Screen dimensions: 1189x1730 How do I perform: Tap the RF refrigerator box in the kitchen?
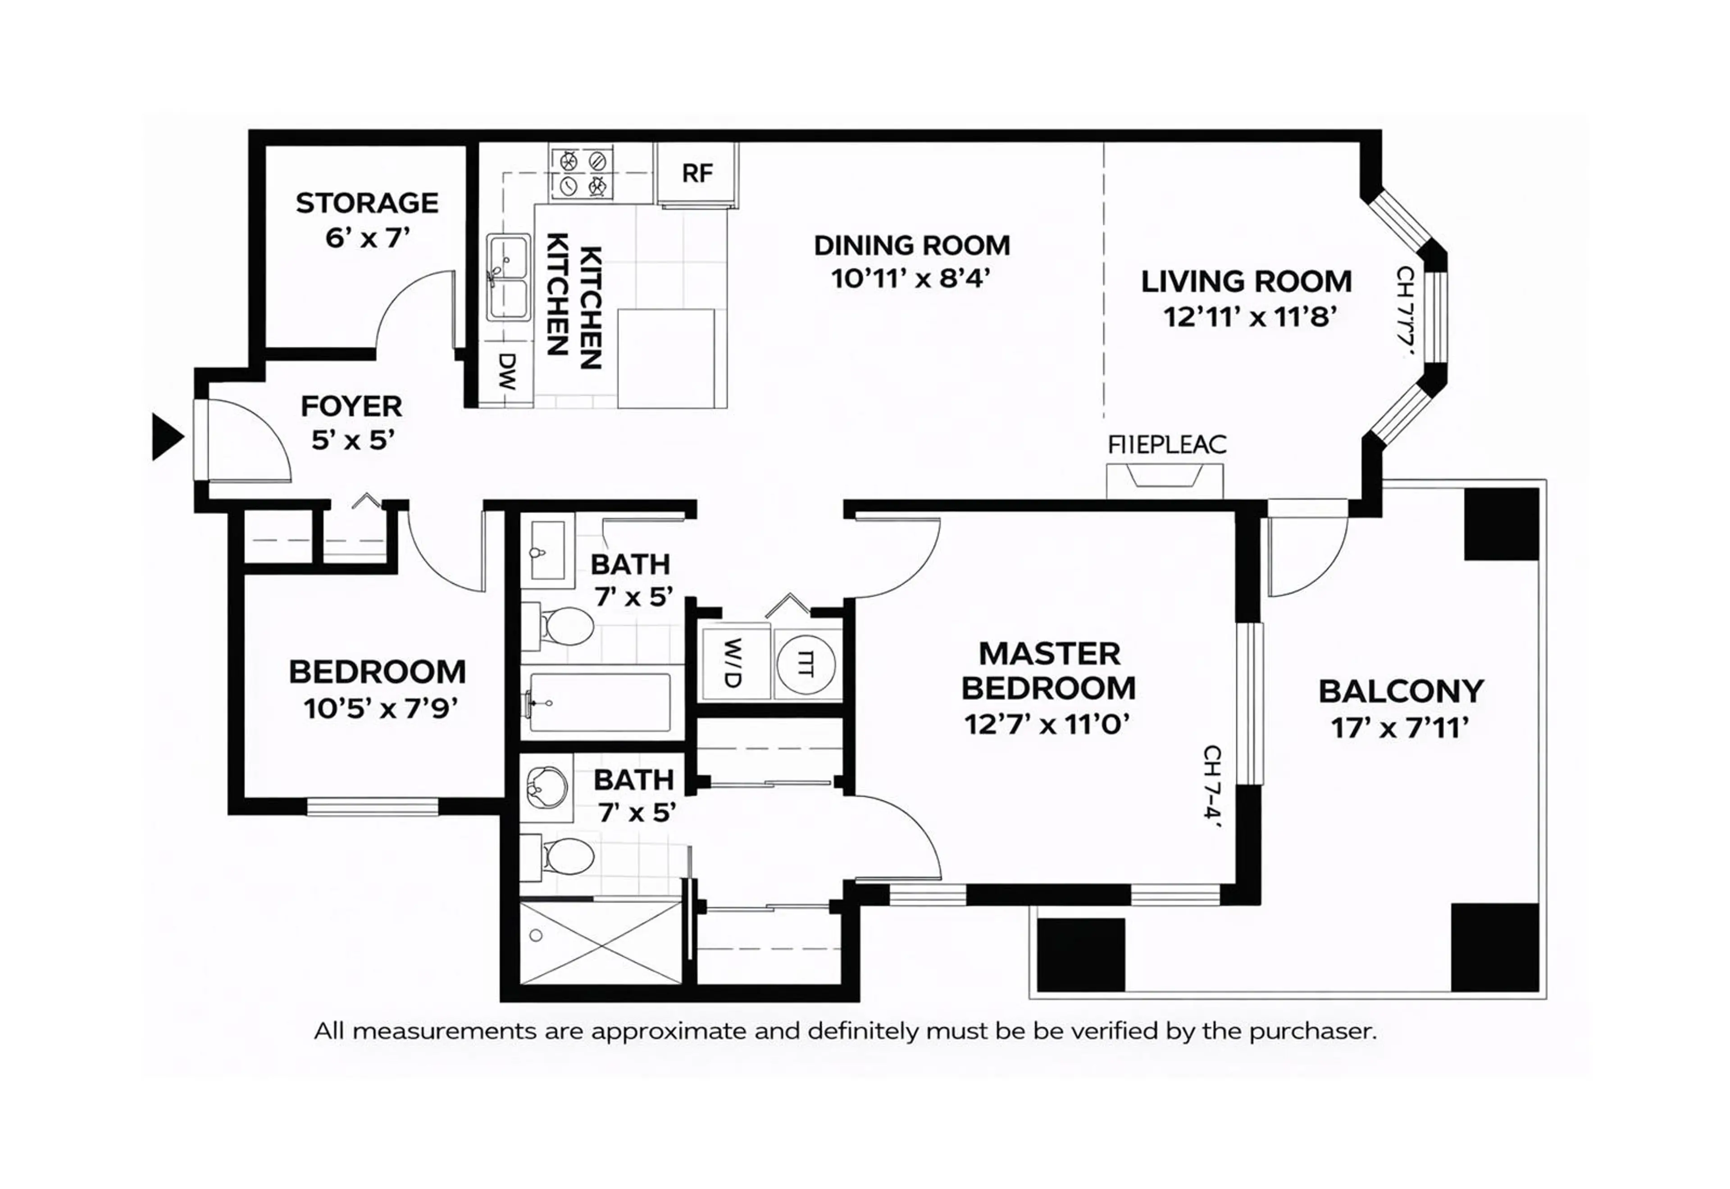point(697,173)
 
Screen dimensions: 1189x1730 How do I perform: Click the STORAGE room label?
point(367,203)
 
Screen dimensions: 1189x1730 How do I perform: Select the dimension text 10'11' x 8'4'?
point(911,279)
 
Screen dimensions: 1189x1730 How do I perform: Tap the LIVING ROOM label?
point(1246,281)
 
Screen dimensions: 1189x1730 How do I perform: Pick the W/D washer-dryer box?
point(733,663)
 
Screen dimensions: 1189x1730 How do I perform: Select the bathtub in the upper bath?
point(601,703)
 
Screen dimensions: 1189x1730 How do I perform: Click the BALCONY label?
point(1401,691)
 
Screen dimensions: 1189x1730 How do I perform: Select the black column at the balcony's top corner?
point(1501,524)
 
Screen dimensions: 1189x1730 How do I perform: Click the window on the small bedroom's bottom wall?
point(373,806)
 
